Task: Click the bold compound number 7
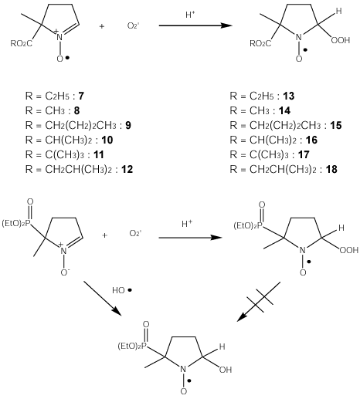(x=81, y=96)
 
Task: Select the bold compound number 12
(x=127, y=170)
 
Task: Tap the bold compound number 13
(x=289, y=96)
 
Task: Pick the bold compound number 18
(x=331, y=170)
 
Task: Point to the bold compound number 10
(x=107, y=140)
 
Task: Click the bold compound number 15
(x=336, y=126)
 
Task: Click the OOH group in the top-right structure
(x=341, y=40)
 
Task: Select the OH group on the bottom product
(x=226, y=370)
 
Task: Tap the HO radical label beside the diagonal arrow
(x=122, y=290)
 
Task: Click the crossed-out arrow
(x=259, y=302)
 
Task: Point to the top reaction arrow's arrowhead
(x=226, y=25)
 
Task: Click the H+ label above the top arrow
(x=190, y=15)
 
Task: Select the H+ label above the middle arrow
(x=187, y=224)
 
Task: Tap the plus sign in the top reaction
(x=102, y=26)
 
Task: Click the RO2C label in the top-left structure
(x=22, y=43)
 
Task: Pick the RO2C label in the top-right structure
(x=260, y=43)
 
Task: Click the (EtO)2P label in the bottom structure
(x=132, y=346)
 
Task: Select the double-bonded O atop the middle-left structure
(x=30, y=202)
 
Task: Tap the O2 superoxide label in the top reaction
(x=134, y=25)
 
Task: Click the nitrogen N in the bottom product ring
(x=183, y=370)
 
